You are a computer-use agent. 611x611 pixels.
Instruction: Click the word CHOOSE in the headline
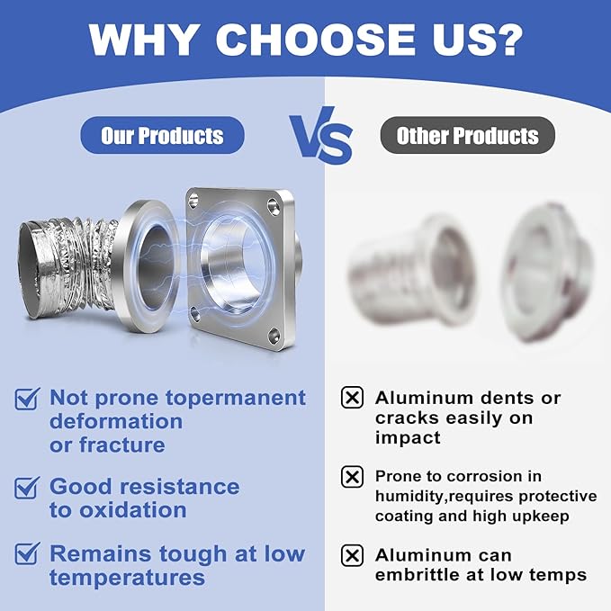click(x=315, y=40)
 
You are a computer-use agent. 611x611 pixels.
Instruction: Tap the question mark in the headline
click(x=507, y=40)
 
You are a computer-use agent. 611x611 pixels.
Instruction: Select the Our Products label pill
click(x=162, y=135)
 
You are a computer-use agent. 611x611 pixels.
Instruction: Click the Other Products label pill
click(x=467, y=135)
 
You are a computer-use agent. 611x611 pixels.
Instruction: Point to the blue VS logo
click(x=321, y=135)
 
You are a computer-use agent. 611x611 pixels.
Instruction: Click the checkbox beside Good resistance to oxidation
click(x=26, y=488)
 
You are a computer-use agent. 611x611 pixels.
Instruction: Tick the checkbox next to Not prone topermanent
click(x=26, y=399)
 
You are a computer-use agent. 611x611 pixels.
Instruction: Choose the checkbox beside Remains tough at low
click(x=26, y=553)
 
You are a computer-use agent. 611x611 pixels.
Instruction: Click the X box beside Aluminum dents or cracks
click(x=352, y=398)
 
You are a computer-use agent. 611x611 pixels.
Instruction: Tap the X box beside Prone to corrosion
click(x=352, y=477)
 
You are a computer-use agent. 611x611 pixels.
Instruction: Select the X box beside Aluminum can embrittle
click(x=352, y=555)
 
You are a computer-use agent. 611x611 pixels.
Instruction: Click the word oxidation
click(x=133, y=510)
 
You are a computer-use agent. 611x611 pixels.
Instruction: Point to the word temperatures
click(x=127, y=578)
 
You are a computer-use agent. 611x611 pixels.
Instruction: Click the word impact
click(x=408, y=438)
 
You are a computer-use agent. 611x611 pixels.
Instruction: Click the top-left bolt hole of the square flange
click(x=193, y=201)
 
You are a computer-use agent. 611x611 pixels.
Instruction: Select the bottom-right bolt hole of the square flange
click(x=274, y=336)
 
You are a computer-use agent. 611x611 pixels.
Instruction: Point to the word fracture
click(x=122, y=445)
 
